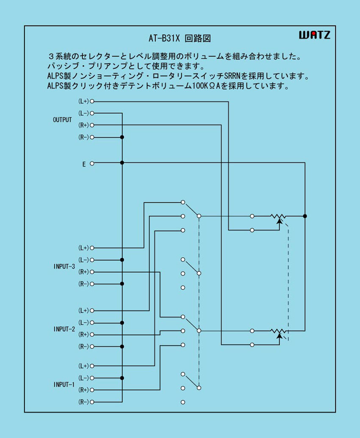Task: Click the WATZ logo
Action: (314, 35)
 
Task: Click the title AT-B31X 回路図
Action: (180, 38)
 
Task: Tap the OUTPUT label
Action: (62, 120)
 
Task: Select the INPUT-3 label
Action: (64, 266)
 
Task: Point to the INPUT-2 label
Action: (64, 329)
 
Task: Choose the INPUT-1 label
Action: (64, 385)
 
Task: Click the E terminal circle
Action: (92, 163)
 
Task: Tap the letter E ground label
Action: (84, 164)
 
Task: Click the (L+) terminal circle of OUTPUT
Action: (92, 101)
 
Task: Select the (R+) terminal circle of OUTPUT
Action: (92, 125)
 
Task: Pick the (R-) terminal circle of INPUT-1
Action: (92, 402)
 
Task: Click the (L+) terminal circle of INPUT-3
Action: (92, 248)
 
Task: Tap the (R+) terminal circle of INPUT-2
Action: (92, 334)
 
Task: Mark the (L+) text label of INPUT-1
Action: (83, 366)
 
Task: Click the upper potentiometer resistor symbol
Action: (278, 217)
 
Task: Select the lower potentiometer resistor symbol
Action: (278, 331)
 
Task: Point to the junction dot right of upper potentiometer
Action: (305, 216)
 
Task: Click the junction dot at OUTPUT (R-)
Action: (122, 137)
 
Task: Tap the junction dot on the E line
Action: (122, 163)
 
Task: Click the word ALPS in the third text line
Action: (55, 77)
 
